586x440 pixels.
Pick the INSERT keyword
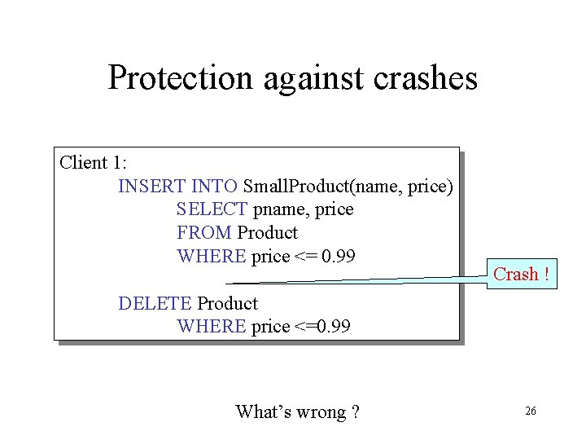152,186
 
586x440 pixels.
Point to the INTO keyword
214,186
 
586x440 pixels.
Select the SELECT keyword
212,209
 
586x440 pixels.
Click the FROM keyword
204,233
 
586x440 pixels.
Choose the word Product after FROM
268,233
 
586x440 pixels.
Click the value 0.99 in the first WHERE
339,257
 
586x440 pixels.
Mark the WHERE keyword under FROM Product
211,257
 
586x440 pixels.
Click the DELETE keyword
155,303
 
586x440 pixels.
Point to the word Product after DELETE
228,303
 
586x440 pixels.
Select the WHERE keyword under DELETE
211,327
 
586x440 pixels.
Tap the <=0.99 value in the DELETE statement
322,327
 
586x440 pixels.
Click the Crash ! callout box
521,275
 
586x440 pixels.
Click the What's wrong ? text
297,412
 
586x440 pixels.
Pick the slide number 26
530,411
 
